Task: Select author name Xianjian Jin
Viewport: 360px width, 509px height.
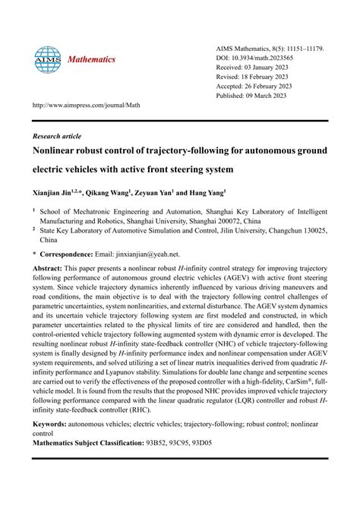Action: (x=55, y=194)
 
